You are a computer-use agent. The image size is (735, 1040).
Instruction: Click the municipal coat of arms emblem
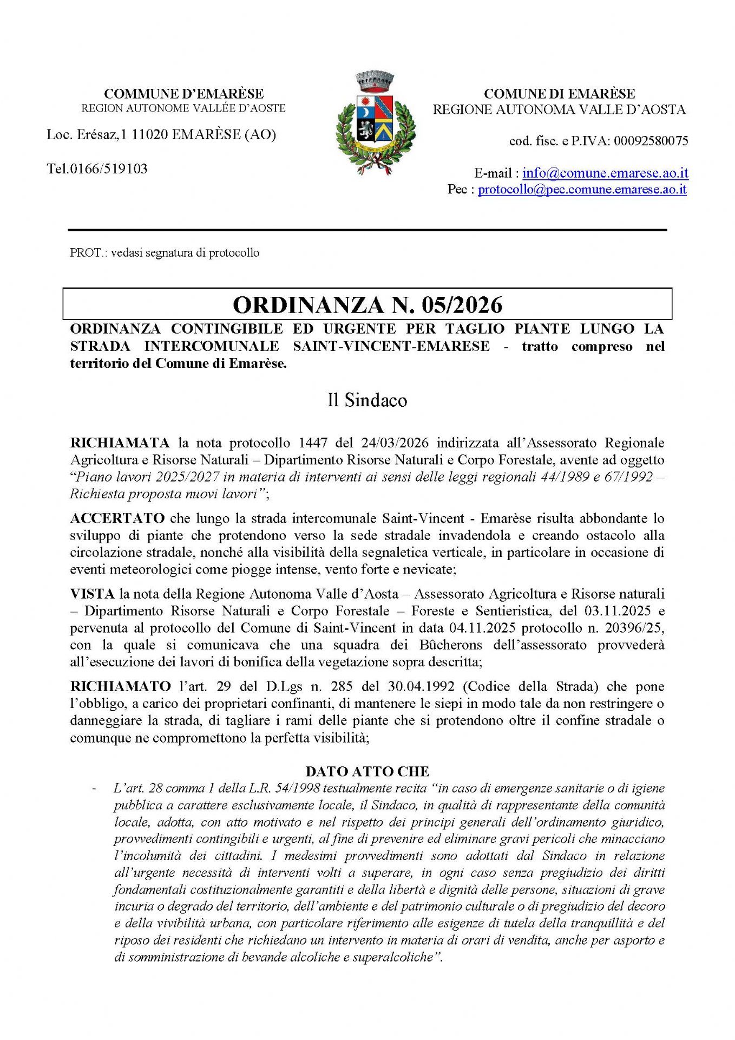point(375,123)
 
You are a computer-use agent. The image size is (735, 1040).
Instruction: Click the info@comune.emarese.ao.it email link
point(605,173)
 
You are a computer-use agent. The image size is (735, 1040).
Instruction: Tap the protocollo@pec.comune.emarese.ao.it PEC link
point(582,189)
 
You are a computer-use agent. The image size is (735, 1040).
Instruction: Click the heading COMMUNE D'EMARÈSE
point(183,94)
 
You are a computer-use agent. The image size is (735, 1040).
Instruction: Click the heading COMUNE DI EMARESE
point(559,94)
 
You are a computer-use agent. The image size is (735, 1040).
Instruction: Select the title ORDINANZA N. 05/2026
point(367,304)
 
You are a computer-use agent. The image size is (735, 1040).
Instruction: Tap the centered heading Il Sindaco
point(367,400)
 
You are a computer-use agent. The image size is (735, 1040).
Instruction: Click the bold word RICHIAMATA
point(120,443)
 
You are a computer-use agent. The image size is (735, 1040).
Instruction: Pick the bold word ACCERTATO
point(117,518)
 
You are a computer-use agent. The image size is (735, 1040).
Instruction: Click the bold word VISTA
point(92,594)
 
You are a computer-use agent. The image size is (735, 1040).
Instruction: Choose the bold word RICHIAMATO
point(120,686)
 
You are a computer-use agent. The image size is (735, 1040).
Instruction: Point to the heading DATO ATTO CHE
point(367,771)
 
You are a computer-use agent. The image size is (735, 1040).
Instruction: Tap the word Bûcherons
point(450,645)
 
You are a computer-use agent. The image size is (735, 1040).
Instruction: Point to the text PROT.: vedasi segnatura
point(164,252)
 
